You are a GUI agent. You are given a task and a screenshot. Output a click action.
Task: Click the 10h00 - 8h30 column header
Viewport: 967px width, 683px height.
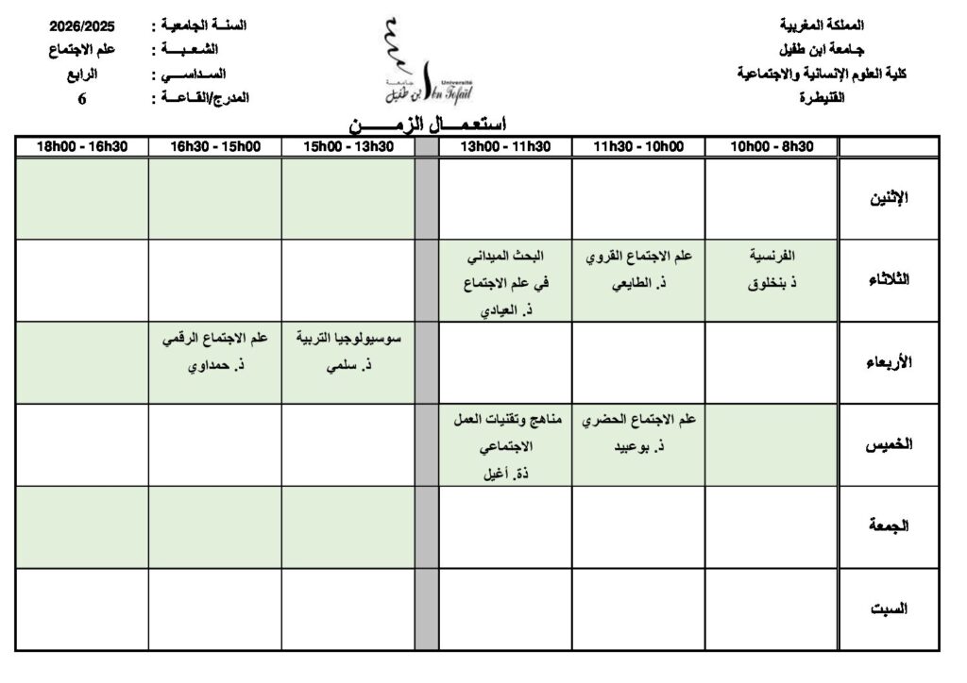pyautogui.click(x=772, y=146)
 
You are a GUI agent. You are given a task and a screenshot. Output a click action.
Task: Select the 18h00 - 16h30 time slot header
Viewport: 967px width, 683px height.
pyautogui.click(x=81, y=146)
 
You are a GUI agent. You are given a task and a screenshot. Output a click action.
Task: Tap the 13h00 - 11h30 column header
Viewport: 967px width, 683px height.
pyautogui.click(x=505, y=146)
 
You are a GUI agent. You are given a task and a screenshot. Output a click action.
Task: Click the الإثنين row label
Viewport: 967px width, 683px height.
pyautogui.click(x=888, y=198)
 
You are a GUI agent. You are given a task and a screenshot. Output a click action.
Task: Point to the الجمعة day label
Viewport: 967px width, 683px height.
pyautogui.click(x=888, y=526)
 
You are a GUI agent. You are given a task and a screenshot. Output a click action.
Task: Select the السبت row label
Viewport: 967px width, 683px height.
pyautogui.click(x=888, y=608)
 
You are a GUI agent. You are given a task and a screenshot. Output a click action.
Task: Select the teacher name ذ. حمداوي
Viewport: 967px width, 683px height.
pyautogui.click(x=214, y=362)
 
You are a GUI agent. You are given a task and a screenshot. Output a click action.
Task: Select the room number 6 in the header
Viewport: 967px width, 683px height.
pyautogui.click(x=81, y=96)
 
